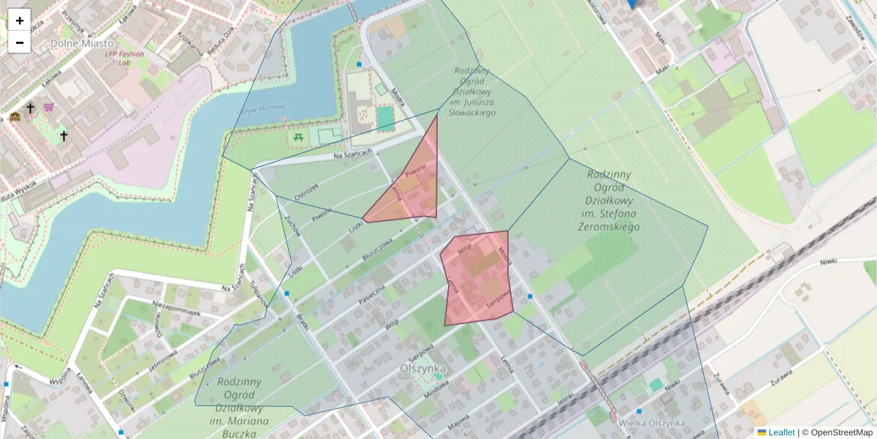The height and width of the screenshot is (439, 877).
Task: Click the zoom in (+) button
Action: [x=20, y=20]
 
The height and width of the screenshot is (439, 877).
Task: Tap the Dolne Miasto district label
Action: [x=82, y=43]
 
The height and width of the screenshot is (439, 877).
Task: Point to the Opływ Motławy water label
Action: [x=260, y=109]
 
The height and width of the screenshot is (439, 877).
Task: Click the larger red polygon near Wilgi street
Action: [x=477, y=278]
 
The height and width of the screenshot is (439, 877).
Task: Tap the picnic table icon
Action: [x=298, y=137]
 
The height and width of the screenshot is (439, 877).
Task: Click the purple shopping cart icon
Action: [x=49, y=107]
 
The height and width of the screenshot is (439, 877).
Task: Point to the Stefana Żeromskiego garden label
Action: [x=609, y=200]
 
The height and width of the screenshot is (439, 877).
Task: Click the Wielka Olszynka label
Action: [x=651, y=423]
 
